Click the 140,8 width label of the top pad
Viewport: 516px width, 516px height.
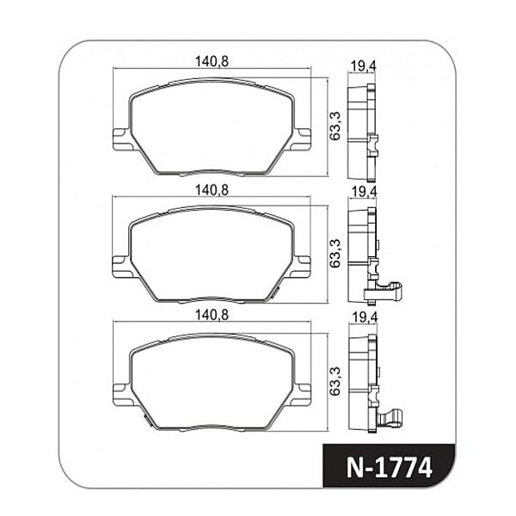pyautogui.click(x=212, y=62)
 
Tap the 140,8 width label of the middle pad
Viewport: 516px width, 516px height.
pyautogui.click(x=212, y=190)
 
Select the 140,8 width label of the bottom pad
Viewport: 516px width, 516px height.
pyautogui.click(x=212, y=315)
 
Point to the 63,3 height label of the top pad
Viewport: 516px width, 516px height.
pyautogui.click(x=335, y=126)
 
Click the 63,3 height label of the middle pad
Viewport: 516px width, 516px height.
pyautogui.click(x=335, y=254)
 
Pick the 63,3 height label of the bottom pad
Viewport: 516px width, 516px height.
pyautogui.click(x=335, y=381)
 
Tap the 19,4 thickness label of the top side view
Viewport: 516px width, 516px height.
pyautogui.click(x=363, y=66)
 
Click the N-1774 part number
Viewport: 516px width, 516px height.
pyautogui.click(x=390, y=467)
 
